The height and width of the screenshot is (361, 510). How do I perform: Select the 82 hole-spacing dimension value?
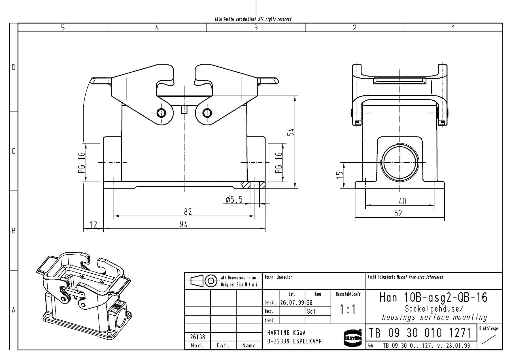(x=188, y=212)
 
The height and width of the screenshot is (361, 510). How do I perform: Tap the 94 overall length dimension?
(x=184, y=224)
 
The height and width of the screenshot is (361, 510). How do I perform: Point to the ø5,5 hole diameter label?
(x=234, y=200)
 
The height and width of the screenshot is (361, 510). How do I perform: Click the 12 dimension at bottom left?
(x=93, y=224)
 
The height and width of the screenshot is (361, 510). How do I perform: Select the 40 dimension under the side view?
(x=402, y=201)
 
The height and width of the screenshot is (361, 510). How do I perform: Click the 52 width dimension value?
(x=398, y=213)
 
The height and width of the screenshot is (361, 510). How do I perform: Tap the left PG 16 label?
(x=82, y=163)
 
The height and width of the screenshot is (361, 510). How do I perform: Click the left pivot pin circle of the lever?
(x=161, y=113)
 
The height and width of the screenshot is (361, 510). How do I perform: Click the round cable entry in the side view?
(x=400, y=162)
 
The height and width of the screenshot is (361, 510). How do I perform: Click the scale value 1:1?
(x=348, y=310)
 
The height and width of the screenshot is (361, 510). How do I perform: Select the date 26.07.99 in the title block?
(x=292, y=303)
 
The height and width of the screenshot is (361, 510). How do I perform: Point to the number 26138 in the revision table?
(x=197, y=337)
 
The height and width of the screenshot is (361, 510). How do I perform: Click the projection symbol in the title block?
(x=204, y=281)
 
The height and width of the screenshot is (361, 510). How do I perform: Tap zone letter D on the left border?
(x=13, y=67)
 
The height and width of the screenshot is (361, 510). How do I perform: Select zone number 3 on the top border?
(x=256, y=28)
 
